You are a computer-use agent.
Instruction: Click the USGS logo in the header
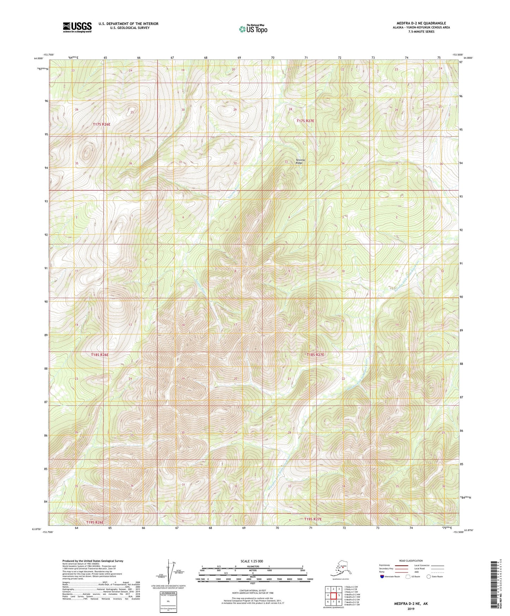coord(77,27)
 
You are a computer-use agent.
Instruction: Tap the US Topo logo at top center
coord(253,29)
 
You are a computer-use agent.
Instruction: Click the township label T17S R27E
coord(305,121)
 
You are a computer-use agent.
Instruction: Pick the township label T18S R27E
coord(315,355)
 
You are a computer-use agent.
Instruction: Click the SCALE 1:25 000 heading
coord(252,561)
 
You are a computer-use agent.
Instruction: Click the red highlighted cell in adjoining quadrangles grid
coord(339,595)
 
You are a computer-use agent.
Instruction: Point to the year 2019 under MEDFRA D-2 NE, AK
coord(411,609)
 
